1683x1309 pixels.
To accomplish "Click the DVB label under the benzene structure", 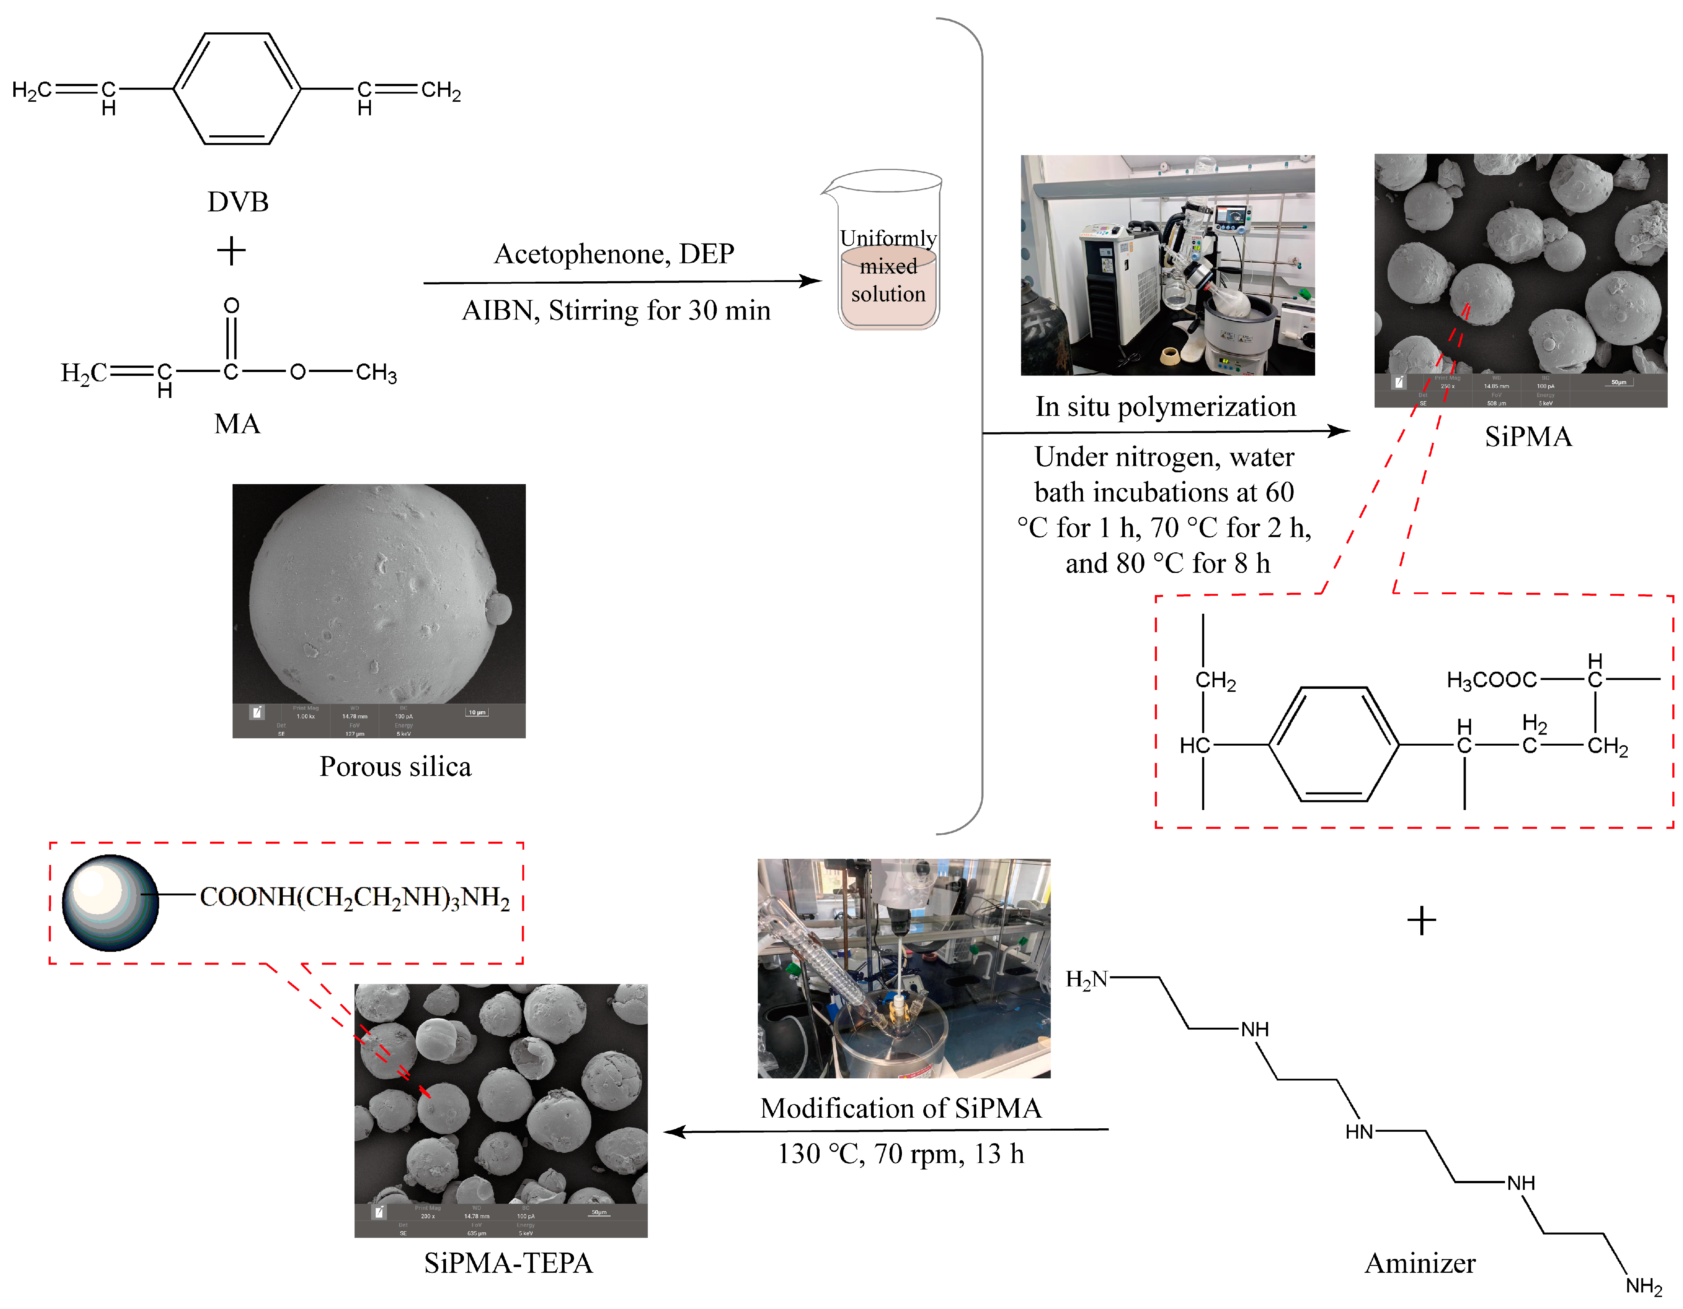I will [237, 202].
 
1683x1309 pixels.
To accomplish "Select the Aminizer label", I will [1420, 1264].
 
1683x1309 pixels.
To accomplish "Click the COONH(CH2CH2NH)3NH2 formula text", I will [355, 898].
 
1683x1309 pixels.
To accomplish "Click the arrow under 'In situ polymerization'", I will [1165, 432].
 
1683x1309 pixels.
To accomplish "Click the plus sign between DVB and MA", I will [231, 251].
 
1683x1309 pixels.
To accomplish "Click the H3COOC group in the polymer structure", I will [1491, 680].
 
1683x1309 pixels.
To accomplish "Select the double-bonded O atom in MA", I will [231, 306].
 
